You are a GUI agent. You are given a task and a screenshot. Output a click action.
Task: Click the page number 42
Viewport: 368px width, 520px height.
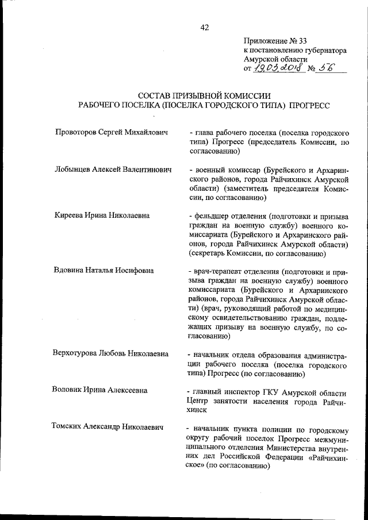(205, 27)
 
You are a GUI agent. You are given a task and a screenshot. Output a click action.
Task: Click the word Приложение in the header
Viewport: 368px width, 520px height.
(265, 41)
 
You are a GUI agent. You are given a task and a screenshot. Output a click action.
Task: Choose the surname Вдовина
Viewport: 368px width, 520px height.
(68, 269)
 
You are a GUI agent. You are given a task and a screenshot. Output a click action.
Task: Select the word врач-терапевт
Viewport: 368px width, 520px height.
(221, 269)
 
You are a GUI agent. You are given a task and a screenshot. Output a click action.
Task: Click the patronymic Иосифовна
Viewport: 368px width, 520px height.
(140, 269)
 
